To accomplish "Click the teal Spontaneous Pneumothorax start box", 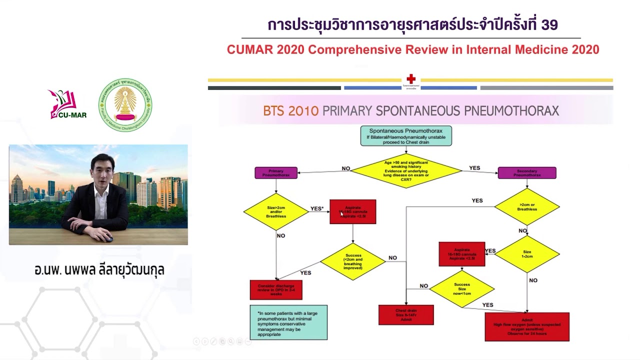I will pos(406,135).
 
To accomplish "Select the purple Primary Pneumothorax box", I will pos(276,173).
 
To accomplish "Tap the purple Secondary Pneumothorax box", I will pos(527,173).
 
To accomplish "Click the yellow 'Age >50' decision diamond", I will pos(406,170).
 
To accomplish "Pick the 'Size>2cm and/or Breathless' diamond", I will pos(276,211).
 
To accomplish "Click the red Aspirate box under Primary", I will pos(353,211).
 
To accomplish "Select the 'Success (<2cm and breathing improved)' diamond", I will pos(353,261).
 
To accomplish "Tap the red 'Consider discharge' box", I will pos(276,289).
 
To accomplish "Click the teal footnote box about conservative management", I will pos(288,322).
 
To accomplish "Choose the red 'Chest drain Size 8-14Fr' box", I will pos(406,315).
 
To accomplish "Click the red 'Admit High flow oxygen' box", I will pos(527,327).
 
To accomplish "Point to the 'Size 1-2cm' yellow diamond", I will pos(527,254).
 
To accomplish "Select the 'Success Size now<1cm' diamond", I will pos(462,288).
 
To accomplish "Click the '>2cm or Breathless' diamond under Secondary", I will pos(527,206).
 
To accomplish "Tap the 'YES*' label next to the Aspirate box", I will pos(317,208).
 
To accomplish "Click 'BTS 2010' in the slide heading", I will pos(290,110).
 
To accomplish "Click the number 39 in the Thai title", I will pos(549,24).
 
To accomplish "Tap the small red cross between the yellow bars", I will pos(411,79).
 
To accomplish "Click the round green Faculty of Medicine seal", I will pos(125,105).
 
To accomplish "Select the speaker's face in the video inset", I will pos(102,169).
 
